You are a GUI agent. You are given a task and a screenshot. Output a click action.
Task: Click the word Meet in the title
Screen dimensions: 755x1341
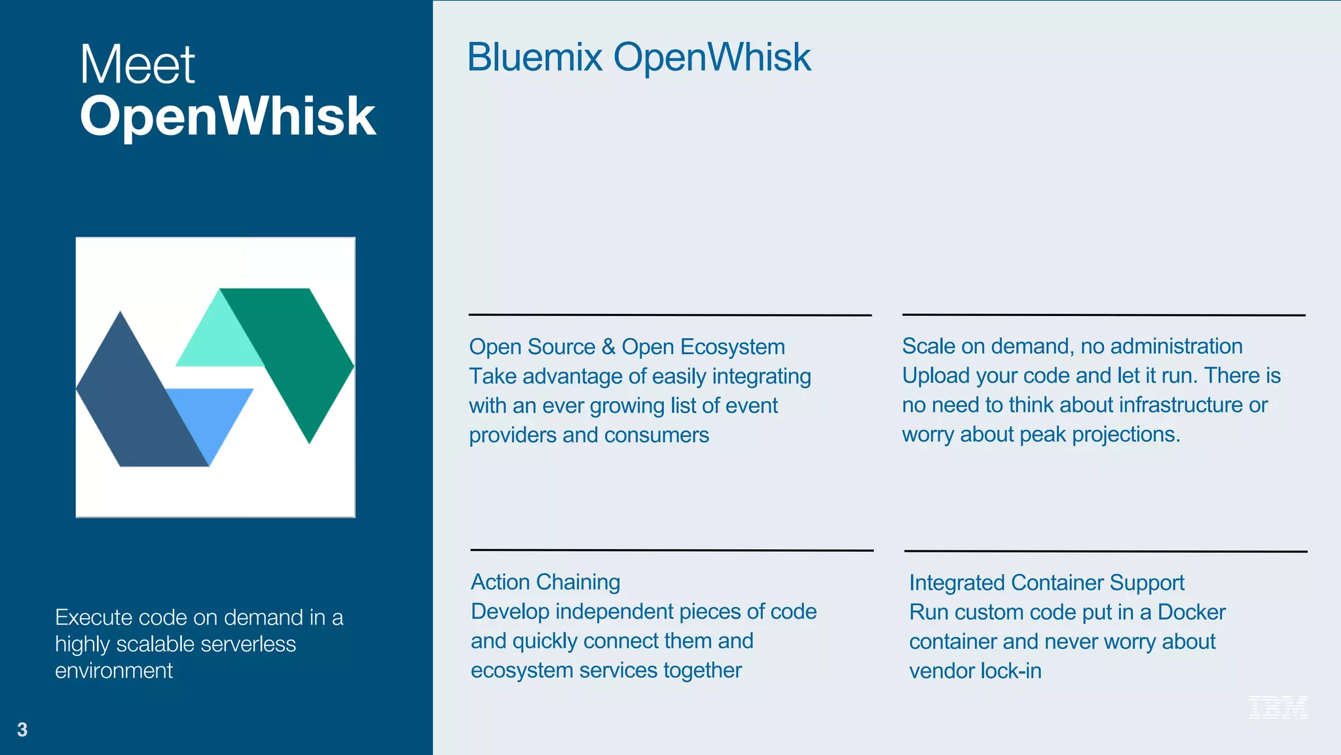tap(137, 65)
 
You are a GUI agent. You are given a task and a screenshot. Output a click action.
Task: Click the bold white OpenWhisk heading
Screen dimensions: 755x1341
tap(227, 116)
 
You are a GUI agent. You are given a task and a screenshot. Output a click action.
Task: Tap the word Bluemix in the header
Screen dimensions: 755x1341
tap(534, 57)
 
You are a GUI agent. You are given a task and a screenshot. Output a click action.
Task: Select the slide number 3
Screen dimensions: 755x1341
tap(22, 729)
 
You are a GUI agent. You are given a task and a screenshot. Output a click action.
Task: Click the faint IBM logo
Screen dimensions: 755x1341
tap(1277, 707)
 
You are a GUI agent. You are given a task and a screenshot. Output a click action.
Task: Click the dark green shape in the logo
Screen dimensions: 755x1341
tap(301, 354)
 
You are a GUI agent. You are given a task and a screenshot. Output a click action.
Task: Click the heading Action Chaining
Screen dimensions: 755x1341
tap(545, 582)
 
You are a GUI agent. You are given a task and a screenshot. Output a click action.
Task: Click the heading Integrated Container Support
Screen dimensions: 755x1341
tap(1046, 583)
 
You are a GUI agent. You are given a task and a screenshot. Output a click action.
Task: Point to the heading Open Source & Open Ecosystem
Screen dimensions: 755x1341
tap(626, 347)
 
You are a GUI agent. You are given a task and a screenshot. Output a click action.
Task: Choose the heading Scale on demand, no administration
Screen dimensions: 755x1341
tap(1071, 346)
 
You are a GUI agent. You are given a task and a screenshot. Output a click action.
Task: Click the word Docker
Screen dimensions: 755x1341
tap(1191, 612)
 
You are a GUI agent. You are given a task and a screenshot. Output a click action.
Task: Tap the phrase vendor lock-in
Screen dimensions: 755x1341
tap(974, 671)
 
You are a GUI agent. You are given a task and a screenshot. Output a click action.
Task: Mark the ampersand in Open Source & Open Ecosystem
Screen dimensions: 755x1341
tap(608, 347)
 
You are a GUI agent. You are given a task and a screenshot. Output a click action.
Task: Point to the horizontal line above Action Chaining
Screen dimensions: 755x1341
tap(671, 550)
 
